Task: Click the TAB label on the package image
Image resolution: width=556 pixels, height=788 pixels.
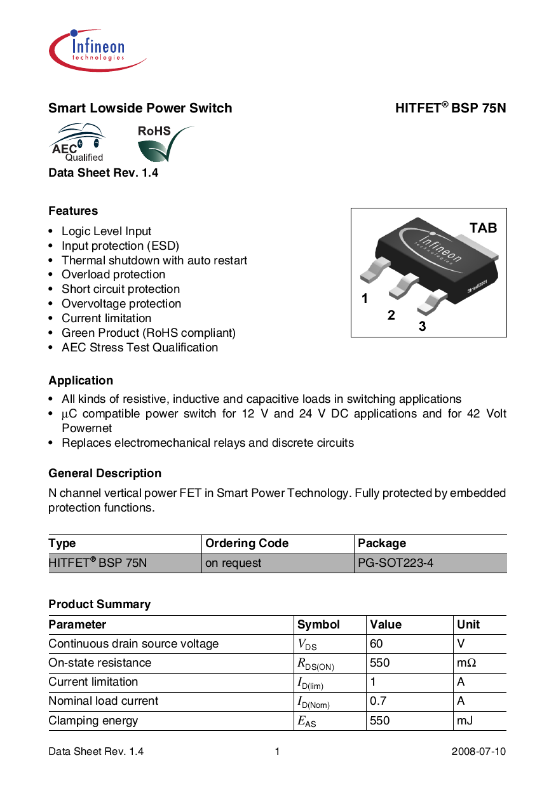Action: (x=483, y=228)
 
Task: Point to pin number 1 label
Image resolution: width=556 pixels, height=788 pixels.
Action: (x=365, y=298)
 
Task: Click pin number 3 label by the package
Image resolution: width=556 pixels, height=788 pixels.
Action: (x=422, y=327)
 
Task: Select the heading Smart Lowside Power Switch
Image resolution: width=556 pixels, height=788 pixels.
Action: (x=140, y=108)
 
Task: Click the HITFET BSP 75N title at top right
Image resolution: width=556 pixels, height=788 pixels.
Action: (x=451, y=108)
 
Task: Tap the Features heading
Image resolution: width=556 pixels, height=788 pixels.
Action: (x=73, y=211)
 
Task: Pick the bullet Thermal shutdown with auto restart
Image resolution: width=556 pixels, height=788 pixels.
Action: (x=154, y=261)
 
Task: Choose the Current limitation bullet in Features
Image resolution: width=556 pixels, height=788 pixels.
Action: (x=107, y=318)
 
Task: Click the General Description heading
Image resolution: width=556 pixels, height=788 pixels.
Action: (x=105, y=473)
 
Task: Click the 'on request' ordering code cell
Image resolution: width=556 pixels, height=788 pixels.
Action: (x=233, y=563)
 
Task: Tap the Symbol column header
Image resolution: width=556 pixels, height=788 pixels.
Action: (x=319, y=625)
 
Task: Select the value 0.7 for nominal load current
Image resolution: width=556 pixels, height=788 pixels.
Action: (x=379, y=701)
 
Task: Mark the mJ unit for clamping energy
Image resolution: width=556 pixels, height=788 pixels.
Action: (x=464, y=721)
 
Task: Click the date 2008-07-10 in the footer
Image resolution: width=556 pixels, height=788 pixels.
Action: (x=478, y=752)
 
